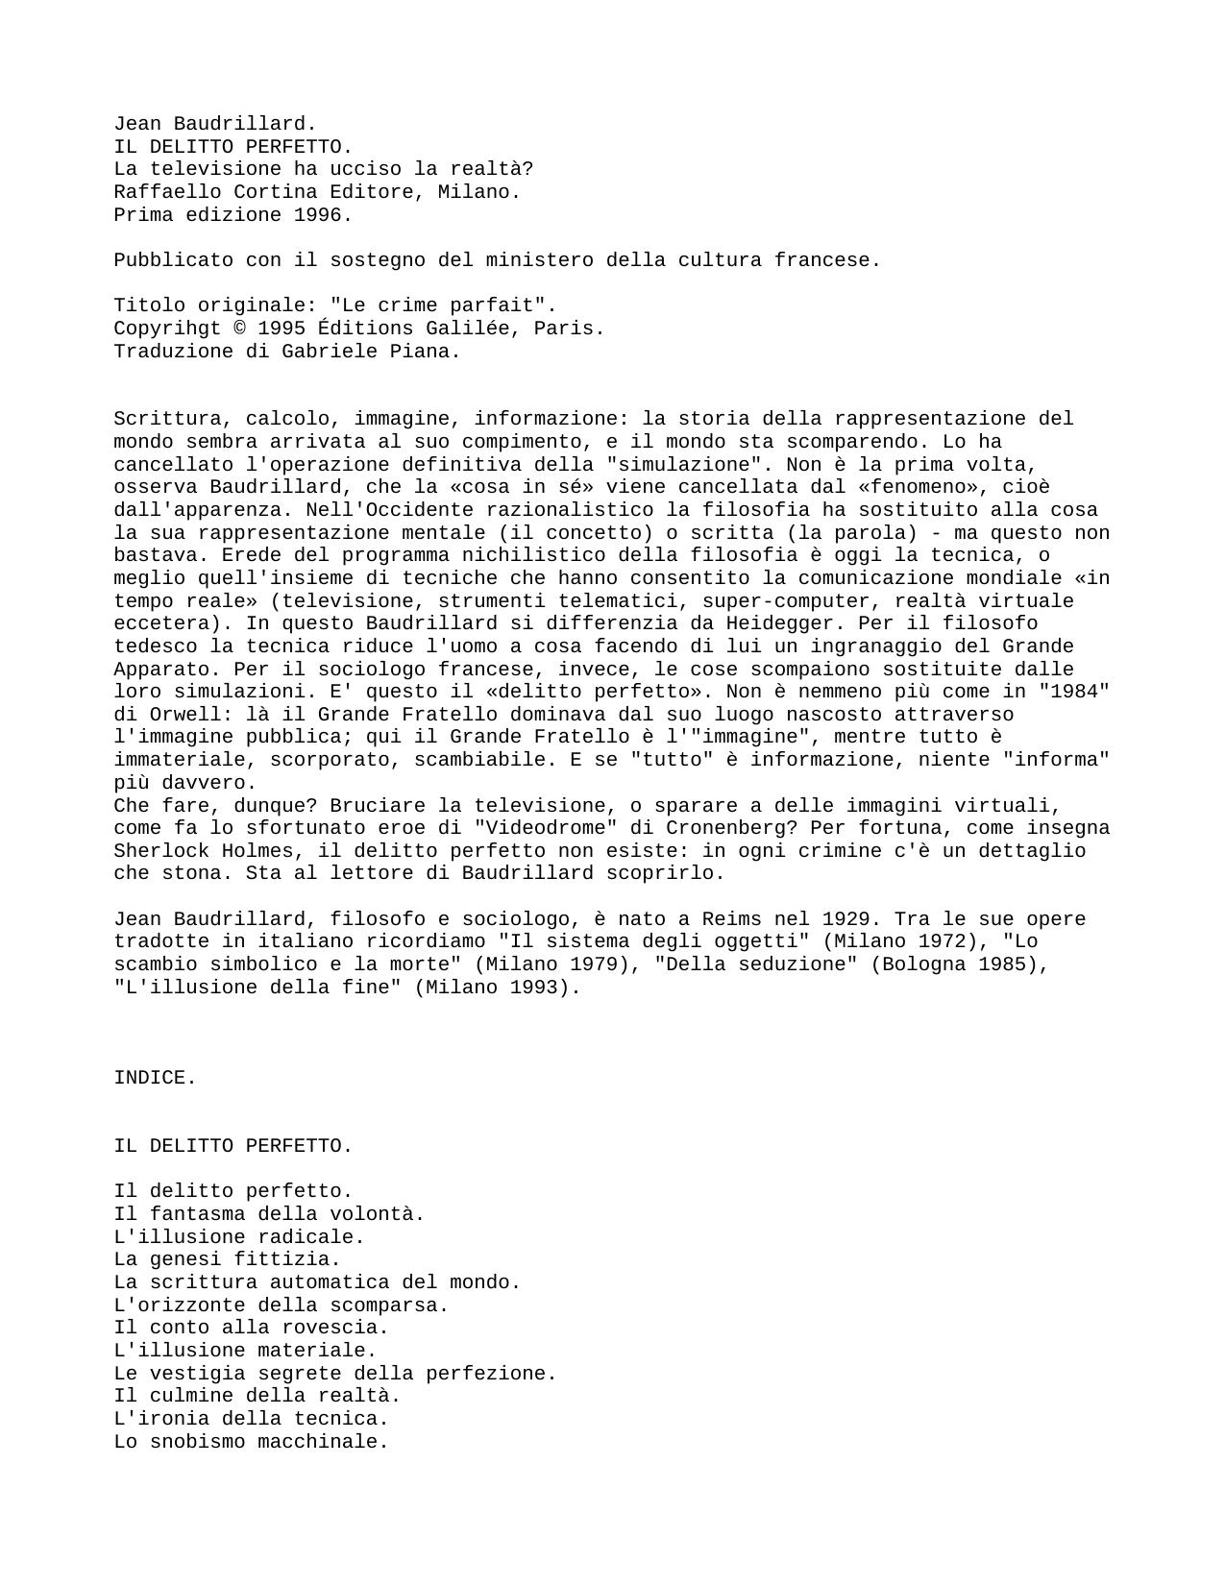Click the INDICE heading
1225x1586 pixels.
(155, 1078)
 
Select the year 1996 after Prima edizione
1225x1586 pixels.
(323, 215)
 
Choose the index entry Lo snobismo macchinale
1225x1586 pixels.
(251, 1442)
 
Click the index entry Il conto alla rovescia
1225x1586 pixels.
(251, 1328)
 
